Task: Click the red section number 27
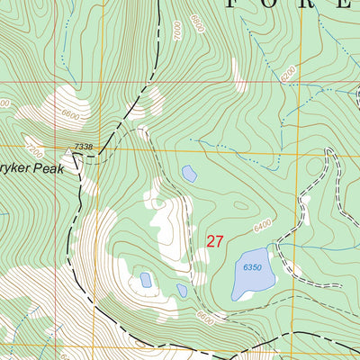tap(214, 241)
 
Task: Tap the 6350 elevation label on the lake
tap(252, 267)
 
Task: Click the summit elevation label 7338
tap(84, 146)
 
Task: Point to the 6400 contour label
tap(261, 227)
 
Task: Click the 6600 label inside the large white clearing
tap(71, 115)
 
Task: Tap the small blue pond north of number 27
tap(189, 173)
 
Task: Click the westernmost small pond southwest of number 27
tap(146, 280)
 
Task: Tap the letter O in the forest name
tap(275, 4)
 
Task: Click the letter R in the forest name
tap(310, 4)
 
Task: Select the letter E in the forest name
tap(345, 4)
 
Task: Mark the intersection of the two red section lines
tap(296, 83)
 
